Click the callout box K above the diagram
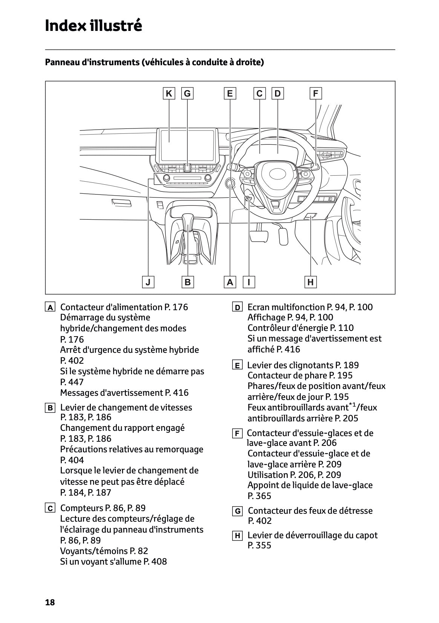[x=169, y=93]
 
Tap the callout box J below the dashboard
[x=148, y=282]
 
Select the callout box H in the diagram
[x=311, y=282]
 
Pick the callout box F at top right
[x=316, y=93]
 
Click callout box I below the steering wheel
[x=249, y=282]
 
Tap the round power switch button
[x=230, y=184]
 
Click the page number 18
[x=50, y=602]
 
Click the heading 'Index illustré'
[x=93, y=26]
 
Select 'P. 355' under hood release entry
[x=259, y=545]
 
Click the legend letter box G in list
[x=237, y=511]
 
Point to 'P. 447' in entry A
[x=72, y=382]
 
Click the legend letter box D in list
[x=237, y=308]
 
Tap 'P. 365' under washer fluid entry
[x=259, y=496]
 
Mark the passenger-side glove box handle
[x=121, y=203]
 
